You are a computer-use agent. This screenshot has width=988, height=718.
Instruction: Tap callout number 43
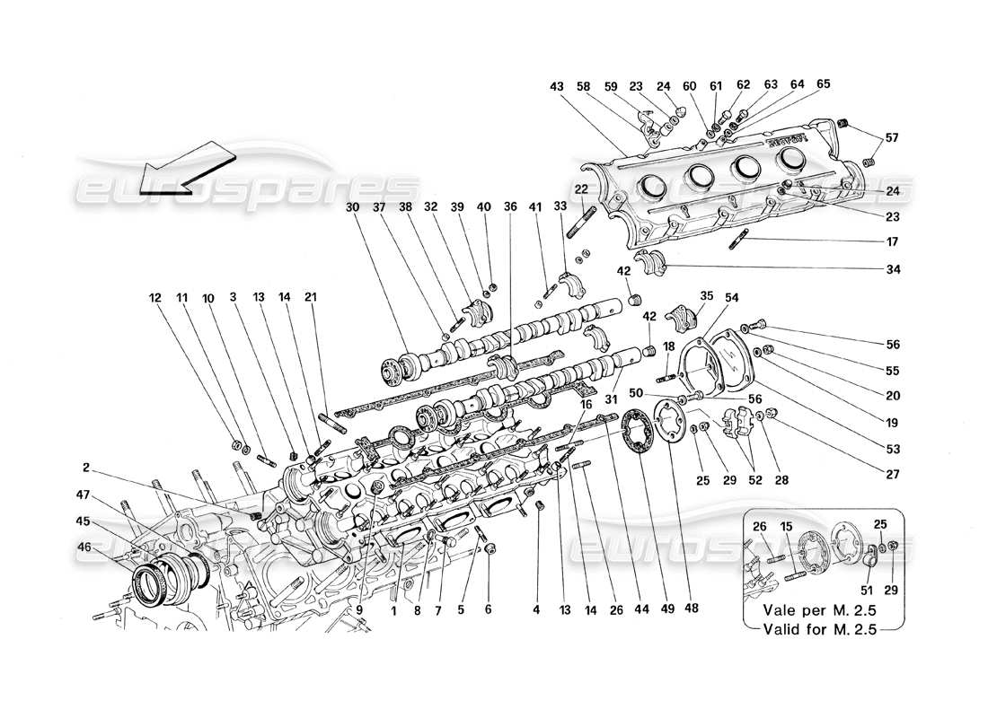click(x=557, y=87)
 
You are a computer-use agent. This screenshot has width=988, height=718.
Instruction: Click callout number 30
click(x=350, y=207)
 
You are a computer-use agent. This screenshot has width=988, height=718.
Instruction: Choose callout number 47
click(x=84, y=494)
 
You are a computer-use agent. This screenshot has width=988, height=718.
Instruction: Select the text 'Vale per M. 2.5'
click(x=816, y=609)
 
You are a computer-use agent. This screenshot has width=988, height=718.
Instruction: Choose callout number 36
click(x=511, y=207)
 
